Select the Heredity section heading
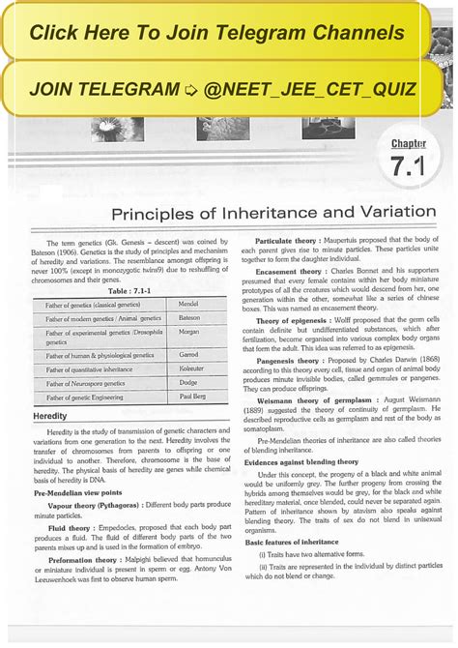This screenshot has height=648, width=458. tap(49, 415)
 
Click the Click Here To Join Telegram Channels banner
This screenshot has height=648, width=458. tap(216, 33)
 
